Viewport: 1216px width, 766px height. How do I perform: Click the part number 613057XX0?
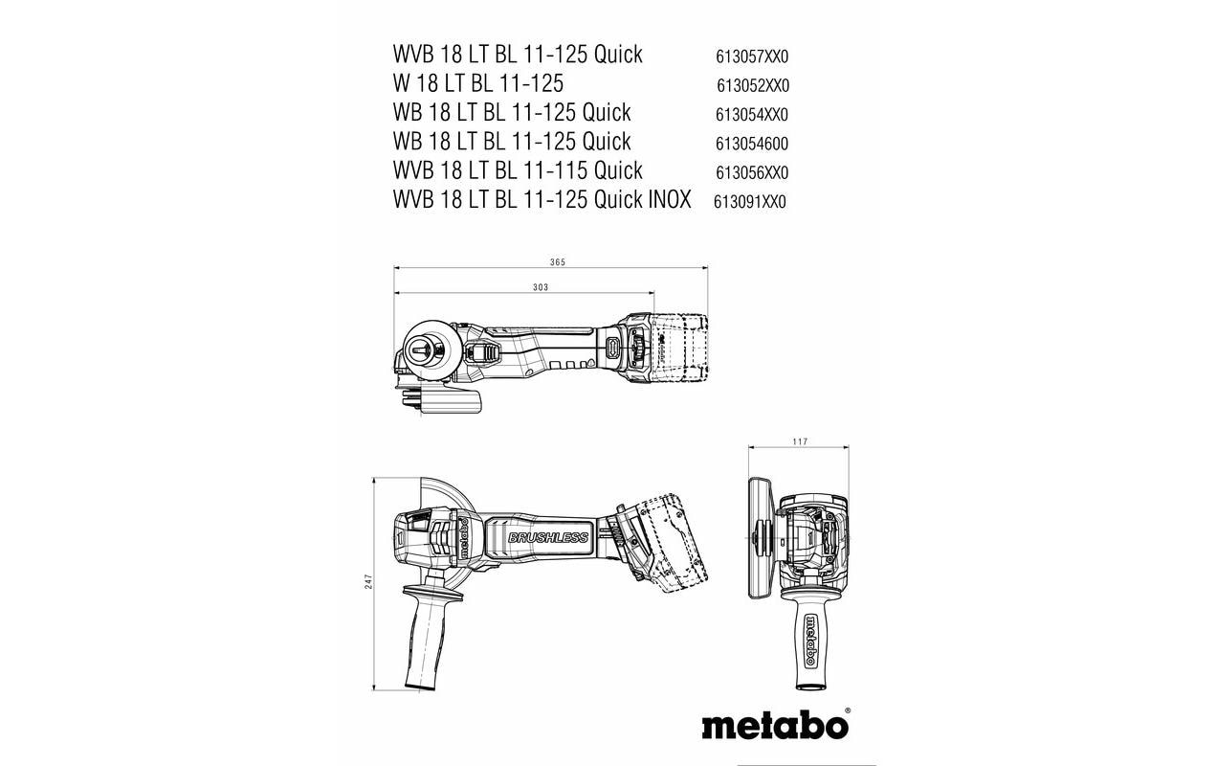coord(752,56)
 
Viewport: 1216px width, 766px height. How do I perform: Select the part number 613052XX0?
coord(752,86)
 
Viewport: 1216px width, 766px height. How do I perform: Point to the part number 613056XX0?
coord(752,173)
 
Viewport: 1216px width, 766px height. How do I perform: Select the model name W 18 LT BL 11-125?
coord(477,83)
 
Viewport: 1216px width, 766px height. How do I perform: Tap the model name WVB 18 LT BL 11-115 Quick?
coord(517,171)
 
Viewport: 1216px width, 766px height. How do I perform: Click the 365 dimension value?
coord(557,261)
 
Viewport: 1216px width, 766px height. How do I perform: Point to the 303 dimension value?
coord(540,287)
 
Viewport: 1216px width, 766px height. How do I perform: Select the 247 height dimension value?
coord(367,582)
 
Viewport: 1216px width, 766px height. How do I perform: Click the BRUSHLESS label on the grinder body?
coord(547,537)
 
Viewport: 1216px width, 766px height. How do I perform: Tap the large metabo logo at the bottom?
coord(774,724)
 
